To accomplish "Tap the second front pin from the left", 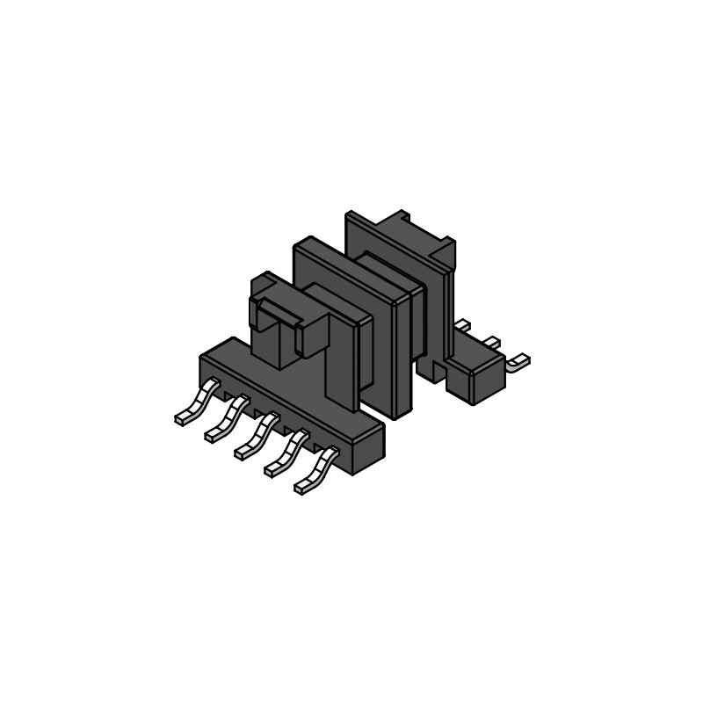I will [x=225, y=418].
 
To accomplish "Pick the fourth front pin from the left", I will [x=285, y=452].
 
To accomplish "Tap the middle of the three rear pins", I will [x=490, y=342].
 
